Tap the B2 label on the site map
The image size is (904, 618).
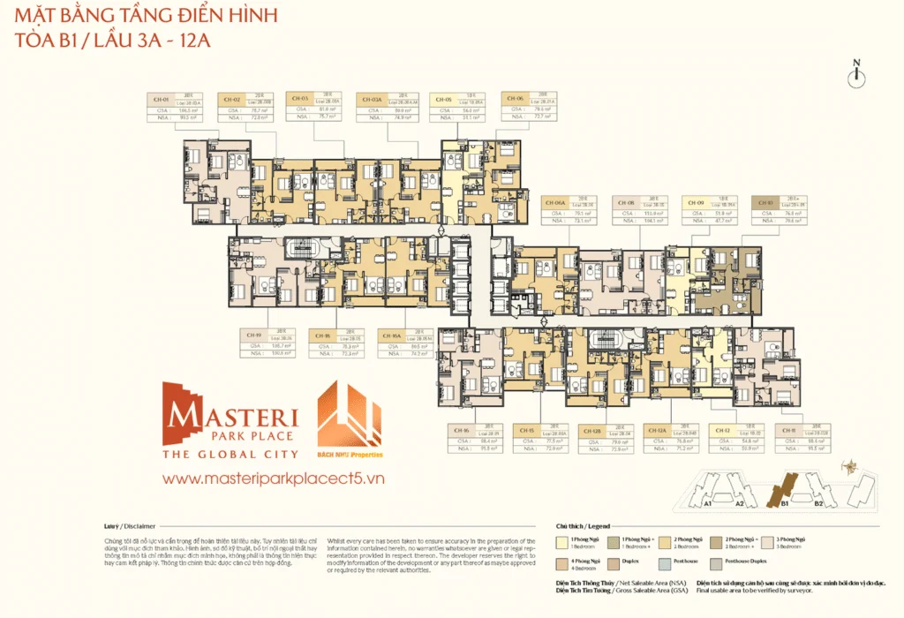818,504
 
